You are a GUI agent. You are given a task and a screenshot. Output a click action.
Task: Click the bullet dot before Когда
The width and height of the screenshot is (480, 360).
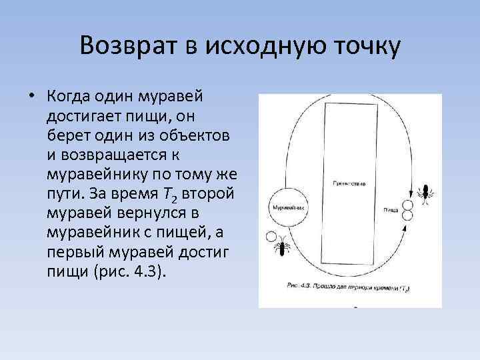click(x=31, y=96)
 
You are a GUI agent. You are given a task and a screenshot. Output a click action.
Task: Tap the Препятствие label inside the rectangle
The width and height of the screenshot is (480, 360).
click(x=347, y=182)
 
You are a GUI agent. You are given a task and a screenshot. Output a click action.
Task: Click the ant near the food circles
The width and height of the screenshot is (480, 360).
click(x=423, y=192)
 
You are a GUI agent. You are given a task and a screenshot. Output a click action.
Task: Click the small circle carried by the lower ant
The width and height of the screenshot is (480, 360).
click(x=271, y=236)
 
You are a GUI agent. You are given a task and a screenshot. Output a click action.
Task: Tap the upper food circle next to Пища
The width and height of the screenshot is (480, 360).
click(x=407, y=205)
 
